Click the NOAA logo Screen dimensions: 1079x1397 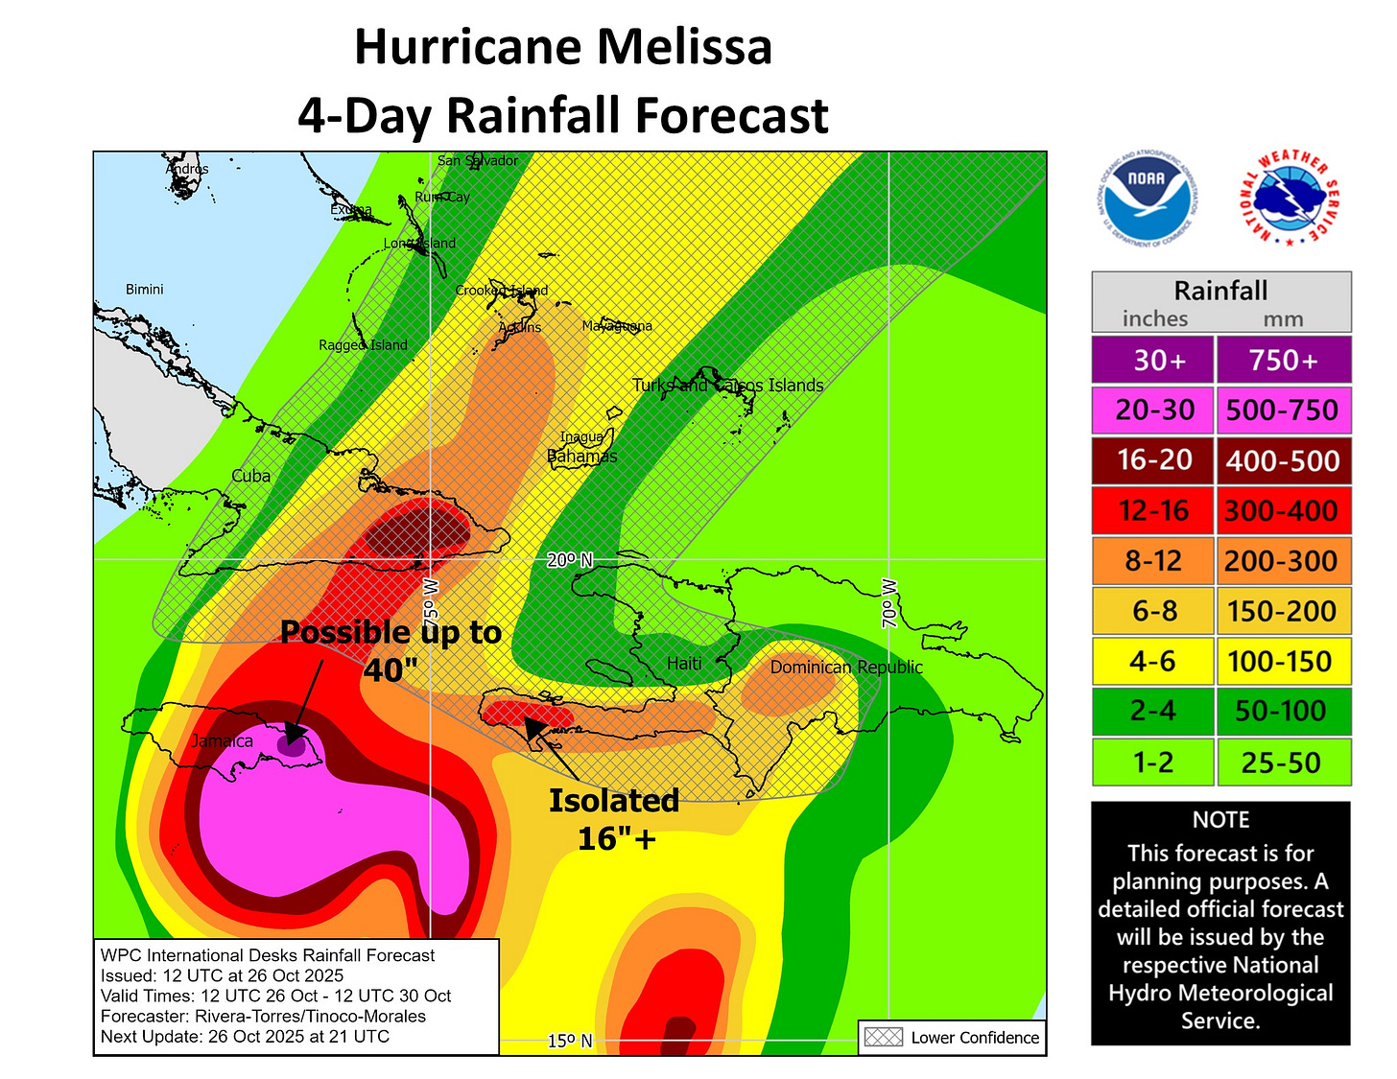[1146, 199]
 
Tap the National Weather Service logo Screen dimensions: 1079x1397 [1289, 199]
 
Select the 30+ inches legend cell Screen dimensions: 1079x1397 [1153, 360]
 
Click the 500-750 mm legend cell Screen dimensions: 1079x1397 [1283, 410]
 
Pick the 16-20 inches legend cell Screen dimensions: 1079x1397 [1153, 460]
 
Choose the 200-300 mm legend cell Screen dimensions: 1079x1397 [1283, 561]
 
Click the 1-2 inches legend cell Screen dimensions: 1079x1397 [1153, 762]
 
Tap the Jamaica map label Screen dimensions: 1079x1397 [222, 740]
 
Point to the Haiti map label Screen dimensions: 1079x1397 [684, 663]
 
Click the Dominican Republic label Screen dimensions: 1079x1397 [846, 667]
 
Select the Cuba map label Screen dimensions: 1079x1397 [250, 476]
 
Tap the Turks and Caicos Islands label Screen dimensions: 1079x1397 [727, 386]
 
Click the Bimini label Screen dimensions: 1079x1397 [145, 289]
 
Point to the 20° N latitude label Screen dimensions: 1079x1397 [570, 560]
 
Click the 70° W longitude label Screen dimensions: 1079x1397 [889, 603]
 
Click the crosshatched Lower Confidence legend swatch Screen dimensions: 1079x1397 [884, 1037]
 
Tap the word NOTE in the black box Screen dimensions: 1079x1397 [1220, 820]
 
